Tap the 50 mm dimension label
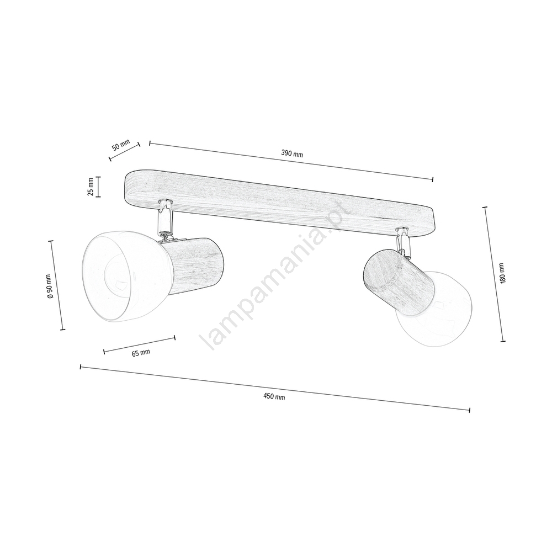pos(121,145)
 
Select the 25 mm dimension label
pos(91,187)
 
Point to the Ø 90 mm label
pos(50,286)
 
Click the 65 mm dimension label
pos(141,353)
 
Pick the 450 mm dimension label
pos(274,396)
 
